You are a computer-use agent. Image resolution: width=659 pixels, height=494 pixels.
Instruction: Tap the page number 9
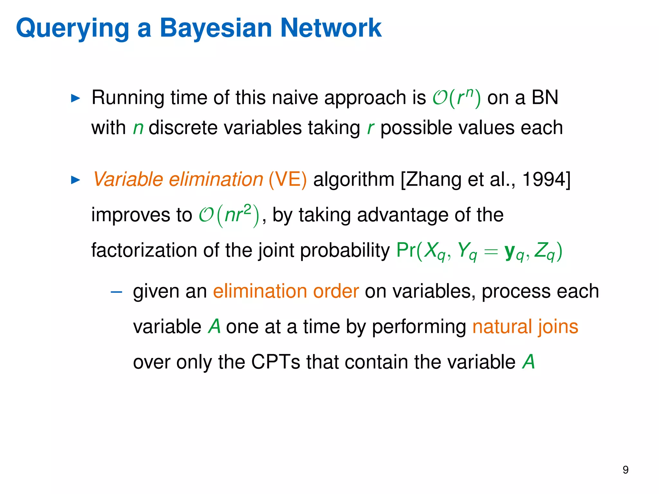coord(625,470)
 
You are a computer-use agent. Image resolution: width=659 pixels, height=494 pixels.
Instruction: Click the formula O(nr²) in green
coord(229,215)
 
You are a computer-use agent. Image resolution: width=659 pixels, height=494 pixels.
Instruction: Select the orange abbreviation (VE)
coord(287,179)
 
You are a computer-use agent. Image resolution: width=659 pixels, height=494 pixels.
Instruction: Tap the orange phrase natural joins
coord(525,327)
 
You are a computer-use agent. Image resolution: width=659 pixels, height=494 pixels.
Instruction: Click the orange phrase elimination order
coord(286,291)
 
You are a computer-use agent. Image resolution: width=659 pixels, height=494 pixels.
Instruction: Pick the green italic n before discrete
coord(138,128)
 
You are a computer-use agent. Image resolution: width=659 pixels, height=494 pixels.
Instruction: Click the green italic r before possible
coord(370,128)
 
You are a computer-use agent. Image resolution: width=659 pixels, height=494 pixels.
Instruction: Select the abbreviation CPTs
coord(275,362)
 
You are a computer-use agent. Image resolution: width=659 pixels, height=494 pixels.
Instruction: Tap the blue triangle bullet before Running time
coord(75,98)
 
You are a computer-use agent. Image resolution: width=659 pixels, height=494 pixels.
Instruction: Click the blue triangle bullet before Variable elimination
coord(75,180)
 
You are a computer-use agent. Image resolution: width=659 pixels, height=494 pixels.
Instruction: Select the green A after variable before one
coord(214,327)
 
